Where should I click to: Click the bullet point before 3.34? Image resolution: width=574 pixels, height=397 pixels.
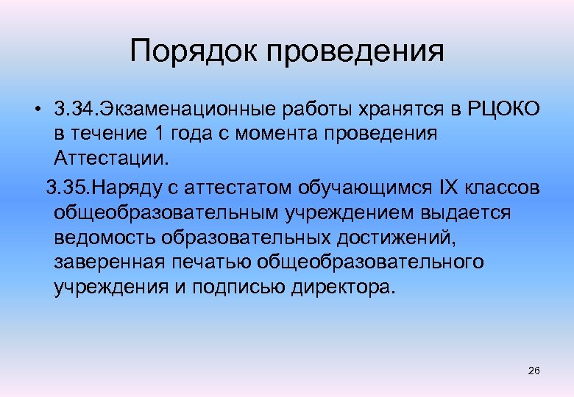pyautogui.click(x=36, y=110)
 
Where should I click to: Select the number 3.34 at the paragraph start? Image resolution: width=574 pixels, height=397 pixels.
pyautogui.click(x=70, y=110)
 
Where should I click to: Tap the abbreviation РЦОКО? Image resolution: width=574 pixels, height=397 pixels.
pyautogui.click(x=503, y=110)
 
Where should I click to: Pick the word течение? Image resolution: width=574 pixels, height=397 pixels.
pyautogui.click(x=103, y=135)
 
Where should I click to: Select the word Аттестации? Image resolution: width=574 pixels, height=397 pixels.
pyautogui.click(x=110, y=159)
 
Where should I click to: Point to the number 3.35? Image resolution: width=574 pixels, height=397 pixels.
pyautogui.click(x=65, y=187)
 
